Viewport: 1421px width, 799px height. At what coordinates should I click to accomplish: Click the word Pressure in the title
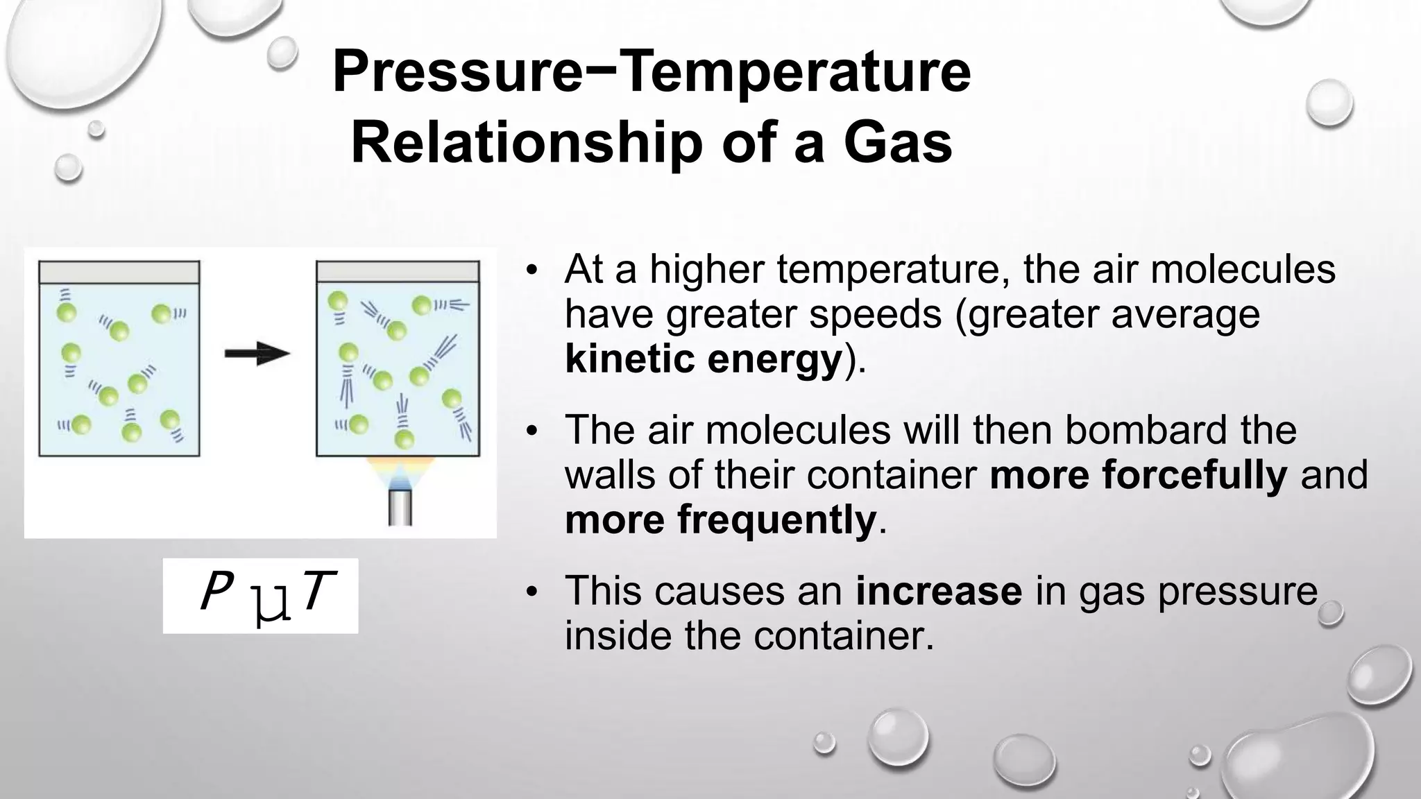(x=457, y=72)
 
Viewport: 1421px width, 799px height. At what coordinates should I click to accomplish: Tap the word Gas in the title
(x=898, y=144)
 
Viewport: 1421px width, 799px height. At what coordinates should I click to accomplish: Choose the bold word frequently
(x=777, y=520)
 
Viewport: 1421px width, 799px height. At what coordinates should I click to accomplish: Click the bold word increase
(x=938, y=591)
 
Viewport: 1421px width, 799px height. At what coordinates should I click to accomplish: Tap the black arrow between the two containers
(x=257, y=353)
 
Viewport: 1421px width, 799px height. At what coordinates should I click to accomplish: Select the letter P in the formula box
(x=214, y=593)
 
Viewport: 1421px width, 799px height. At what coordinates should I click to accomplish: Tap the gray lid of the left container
(x=119, y=272)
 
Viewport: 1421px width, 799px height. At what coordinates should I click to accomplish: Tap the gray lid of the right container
(x=398, y=272)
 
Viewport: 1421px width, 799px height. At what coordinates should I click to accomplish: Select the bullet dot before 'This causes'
(x=531, y=592)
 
